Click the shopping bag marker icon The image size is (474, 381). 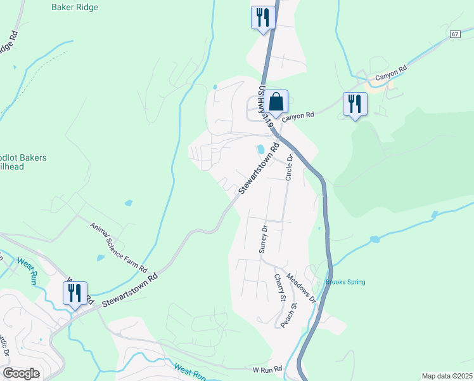click(x=276, y=102)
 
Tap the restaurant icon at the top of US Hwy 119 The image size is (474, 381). click(x=263, y=17)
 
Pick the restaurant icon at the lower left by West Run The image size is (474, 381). click(x=75, y=293)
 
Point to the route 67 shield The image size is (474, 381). click(x=455, y=34)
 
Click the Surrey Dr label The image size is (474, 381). click(x=263, y=239)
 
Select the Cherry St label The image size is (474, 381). click(x=279, y=288)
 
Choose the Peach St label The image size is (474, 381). click(x=293, y=314)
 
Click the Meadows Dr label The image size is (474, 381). click(x=300, y=287)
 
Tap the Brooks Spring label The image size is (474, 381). click(x=345, y=282)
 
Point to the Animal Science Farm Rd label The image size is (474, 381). click(x=118, y=248)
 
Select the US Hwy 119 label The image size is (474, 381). click(x=265, y=107)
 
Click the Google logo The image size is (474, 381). click(x=22, y=373)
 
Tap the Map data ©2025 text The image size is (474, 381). click(x=447, y=376)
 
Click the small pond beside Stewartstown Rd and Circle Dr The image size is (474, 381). click(x=260, y=150)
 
